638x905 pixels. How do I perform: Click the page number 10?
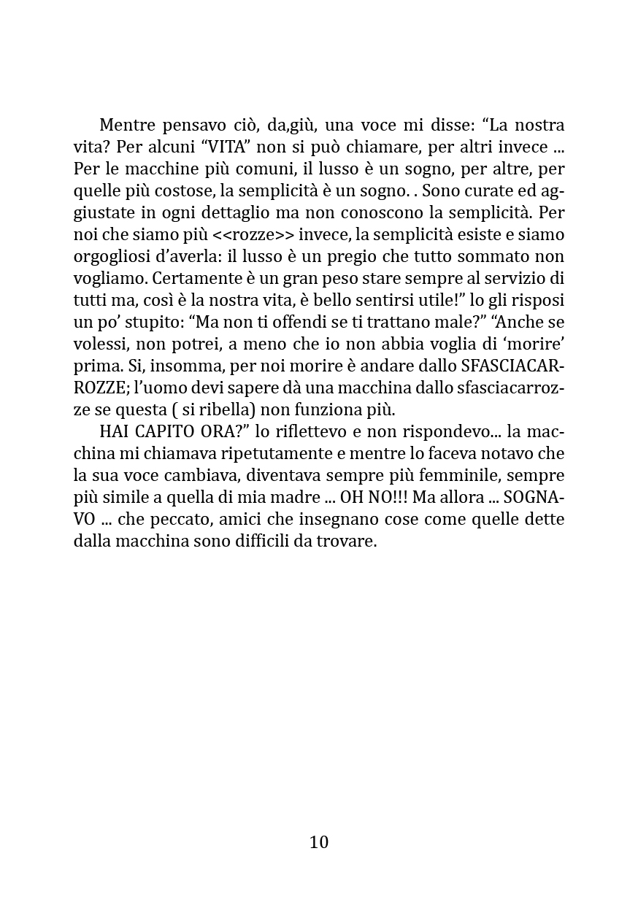319,842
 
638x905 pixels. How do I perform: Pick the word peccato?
193,520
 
